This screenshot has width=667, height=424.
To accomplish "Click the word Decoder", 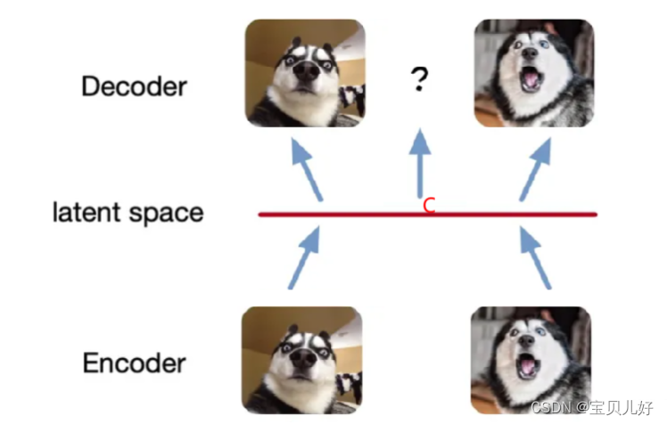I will (134, 86).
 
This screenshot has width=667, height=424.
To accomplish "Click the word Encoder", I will (134, 363).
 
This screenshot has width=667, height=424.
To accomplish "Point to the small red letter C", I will (429, 206).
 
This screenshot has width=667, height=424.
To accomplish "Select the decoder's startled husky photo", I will (304, 73).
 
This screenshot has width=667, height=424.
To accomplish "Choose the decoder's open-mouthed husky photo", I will (534, 72).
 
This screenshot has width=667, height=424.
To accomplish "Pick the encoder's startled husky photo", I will (302, 360).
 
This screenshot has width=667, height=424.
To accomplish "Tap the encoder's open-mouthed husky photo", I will (531, 360).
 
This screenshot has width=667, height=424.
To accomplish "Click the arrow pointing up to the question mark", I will (418, 164).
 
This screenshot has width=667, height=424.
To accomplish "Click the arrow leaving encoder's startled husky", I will (303, 257).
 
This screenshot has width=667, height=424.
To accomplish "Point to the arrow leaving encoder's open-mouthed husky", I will (535, 257).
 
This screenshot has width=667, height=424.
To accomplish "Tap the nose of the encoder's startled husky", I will (301, 360).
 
